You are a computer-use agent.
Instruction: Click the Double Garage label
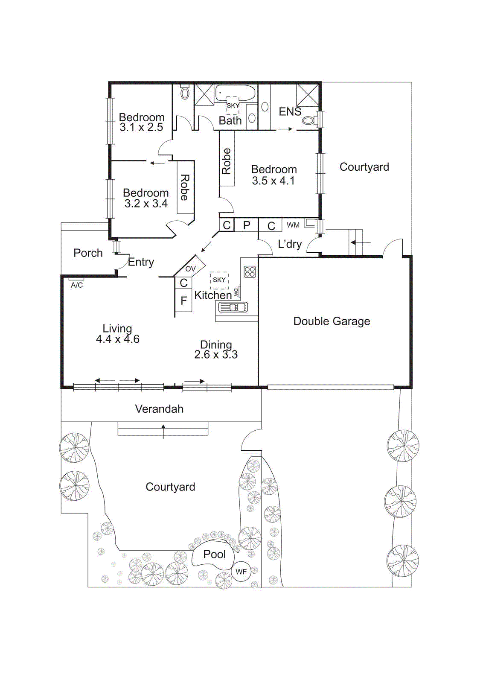pyautogui.click(x=332, y=321)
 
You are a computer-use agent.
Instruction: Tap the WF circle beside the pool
pyautogui.click(x=241, y=572)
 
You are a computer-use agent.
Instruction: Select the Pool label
pyautogui.click(x=214, y=554)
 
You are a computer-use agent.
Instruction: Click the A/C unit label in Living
pyautogui.click(x=77, y=285)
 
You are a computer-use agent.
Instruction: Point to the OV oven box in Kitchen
pyautogui.click(x=190, y=268)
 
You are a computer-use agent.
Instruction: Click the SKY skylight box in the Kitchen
pyautogui.click(x=219, y=280)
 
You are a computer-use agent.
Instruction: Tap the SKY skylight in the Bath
pyautogui.click(x=233, y=105)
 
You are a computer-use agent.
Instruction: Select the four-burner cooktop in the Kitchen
pyautogui.click(x=250, y=271)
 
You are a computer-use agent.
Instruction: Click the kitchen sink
pyautogui.click(x=233, y=307)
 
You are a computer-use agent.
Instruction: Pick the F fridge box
pyautogui.click(x=183, y=301)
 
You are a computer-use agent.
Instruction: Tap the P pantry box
pyautogui.click(x=247, y=225)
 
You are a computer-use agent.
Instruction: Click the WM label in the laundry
pyautogui.click(x=293, y=225)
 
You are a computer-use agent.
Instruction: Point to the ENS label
pyautogui.click(x=290, y=111)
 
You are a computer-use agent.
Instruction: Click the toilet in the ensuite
pyautogui.click(x=309, y=120)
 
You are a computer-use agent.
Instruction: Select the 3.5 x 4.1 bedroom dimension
pyautogui.click(x=273, y=181)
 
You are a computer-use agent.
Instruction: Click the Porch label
pyautogui.click(x=88, y=253)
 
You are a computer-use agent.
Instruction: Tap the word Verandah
pyautogui.click(x=159, y=409)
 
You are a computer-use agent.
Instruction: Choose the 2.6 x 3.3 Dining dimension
pyautogui.click(x=216, y=354)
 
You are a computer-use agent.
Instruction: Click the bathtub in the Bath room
pyautogui.click(x=235, y=93)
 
